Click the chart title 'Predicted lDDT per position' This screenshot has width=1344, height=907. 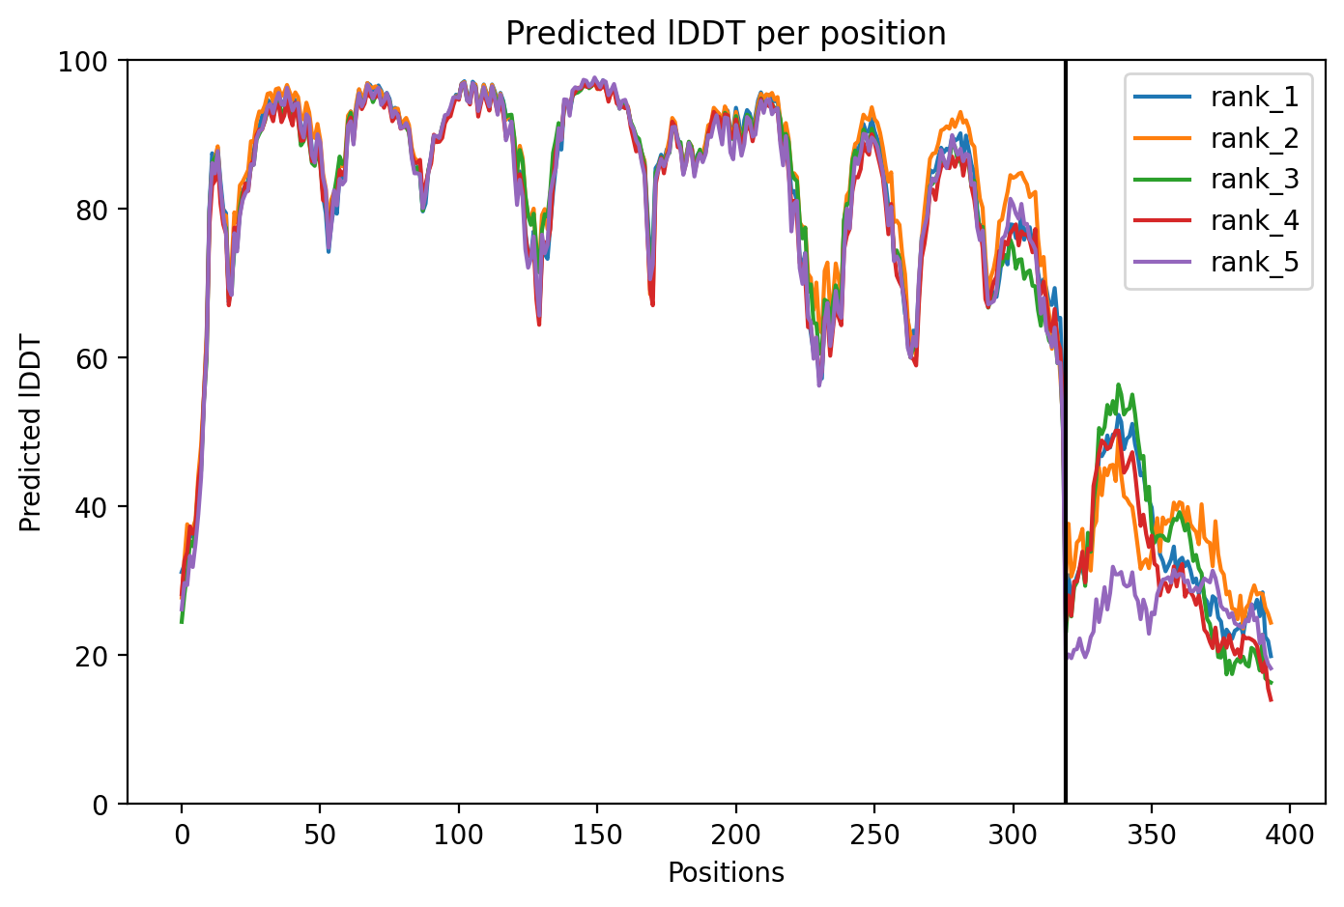[726, 33]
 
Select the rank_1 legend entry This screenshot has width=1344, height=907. [1216, 98]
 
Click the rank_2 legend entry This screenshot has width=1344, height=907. [1216, 138]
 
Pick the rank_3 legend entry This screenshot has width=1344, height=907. [1216, 180]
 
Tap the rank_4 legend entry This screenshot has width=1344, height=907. [1216, 221]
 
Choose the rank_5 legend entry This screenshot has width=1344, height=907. [1216, 262]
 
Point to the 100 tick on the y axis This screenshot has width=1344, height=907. [83, 62]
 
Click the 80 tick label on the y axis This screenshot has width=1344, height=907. [91, 211]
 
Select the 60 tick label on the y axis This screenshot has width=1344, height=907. [91, 358]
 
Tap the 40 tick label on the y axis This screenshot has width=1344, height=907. [91, 507]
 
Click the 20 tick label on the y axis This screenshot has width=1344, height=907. [91, 656]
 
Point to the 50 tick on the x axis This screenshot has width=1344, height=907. [320, 835]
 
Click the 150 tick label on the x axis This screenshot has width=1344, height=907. [597, 835]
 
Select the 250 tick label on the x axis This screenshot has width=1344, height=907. [874, 835]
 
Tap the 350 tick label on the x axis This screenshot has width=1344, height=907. [1152, 835]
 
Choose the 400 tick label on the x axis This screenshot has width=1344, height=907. [1290, 835]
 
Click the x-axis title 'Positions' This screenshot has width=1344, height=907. [726, 873]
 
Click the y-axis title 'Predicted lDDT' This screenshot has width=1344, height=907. [30, 433]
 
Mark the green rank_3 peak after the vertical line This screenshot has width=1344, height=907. [1118, 384]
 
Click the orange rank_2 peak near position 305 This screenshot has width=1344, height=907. [1020, 173]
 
